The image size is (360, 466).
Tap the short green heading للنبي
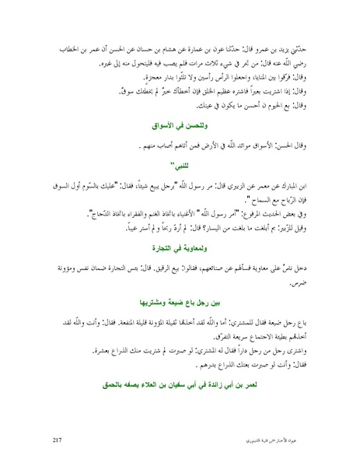pyautogui.click(x=180, y=166)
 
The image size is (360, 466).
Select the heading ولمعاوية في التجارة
pyautogui.click(x=180, y=251)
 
